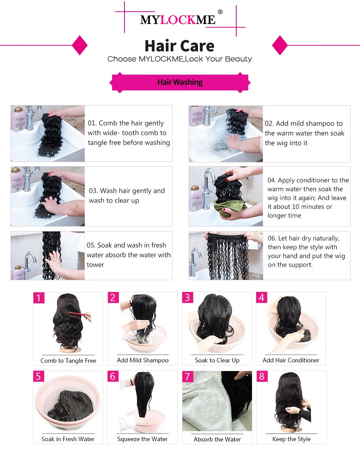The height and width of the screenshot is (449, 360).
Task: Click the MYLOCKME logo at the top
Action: tap(178, 20)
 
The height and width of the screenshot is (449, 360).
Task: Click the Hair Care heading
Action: tap(179, 46)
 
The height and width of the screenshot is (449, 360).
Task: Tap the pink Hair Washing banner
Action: tap(180, 82)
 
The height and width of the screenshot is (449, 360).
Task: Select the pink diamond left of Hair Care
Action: tap(79, 45)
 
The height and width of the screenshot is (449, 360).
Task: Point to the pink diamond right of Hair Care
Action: tap(280, 45)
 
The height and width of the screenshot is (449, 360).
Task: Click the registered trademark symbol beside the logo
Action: tap(220, 12)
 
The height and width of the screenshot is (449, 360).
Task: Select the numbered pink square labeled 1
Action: tap(39, 298)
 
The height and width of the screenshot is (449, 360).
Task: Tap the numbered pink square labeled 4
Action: tap(262, 298)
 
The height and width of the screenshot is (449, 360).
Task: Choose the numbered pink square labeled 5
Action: tap(39, 376)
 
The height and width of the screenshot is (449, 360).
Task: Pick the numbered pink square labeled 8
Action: tap(262, 376)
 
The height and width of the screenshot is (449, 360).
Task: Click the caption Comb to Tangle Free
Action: tap(68, 360)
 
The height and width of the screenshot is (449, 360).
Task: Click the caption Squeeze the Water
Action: tap(142, 439)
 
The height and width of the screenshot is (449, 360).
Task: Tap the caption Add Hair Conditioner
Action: tap(291, 360)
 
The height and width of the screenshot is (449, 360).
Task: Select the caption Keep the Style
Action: tap(291, 439)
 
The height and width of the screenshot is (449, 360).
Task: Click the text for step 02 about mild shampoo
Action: tap(304, 133)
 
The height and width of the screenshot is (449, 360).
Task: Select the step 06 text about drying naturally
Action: tap(306, 251)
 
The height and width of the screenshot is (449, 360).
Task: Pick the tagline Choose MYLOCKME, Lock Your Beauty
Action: tap(180, 59)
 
